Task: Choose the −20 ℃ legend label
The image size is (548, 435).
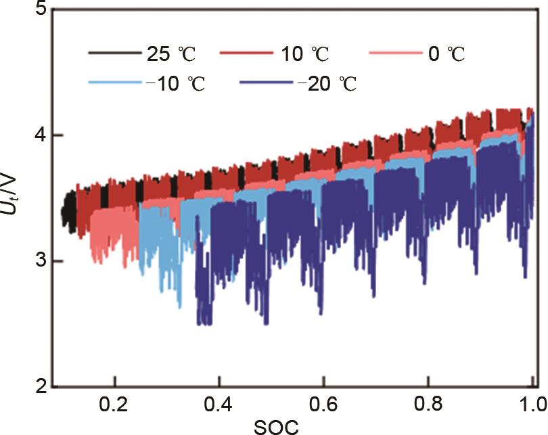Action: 327,85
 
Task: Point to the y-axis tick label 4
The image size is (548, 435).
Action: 39,135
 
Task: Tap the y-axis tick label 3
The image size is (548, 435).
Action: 39,261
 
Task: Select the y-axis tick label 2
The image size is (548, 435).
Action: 39,387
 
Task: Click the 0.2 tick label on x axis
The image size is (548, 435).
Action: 115,405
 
